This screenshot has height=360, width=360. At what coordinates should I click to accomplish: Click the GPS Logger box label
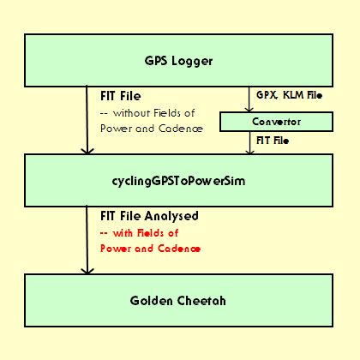[178, 61]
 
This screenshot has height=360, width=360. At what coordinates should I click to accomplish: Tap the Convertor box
[276, 122]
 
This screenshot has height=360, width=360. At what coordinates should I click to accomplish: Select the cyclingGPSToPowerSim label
[178, 181]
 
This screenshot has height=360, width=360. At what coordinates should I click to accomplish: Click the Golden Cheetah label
[178, 301]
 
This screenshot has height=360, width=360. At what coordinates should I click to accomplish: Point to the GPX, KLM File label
[290, 95]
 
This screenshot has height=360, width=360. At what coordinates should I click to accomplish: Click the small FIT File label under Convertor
[273, 141]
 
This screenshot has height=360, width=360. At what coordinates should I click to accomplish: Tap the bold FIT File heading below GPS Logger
[121, 96]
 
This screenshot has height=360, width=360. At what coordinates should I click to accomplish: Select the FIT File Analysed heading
[149, 216]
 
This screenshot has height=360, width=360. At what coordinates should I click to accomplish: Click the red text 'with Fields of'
[146, 233]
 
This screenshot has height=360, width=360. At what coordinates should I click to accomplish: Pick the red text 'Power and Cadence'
[150, 249]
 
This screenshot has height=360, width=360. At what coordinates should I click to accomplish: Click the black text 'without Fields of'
[154, 113]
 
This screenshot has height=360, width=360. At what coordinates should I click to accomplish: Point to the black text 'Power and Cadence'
[152, 129]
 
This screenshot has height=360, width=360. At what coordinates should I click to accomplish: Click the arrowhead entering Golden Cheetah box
[87, 271]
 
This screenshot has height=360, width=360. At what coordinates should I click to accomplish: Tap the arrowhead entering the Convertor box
[249, 110]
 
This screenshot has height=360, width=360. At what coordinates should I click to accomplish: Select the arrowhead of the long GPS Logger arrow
[87, 151]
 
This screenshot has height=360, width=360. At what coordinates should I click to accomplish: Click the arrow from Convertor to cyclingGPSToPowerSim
[250, 143]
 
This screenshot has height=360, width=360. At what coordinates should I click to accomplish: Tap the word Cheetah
[201, 301]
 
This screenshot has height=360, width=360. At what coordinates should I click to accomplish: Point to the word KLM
[293, 95]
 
